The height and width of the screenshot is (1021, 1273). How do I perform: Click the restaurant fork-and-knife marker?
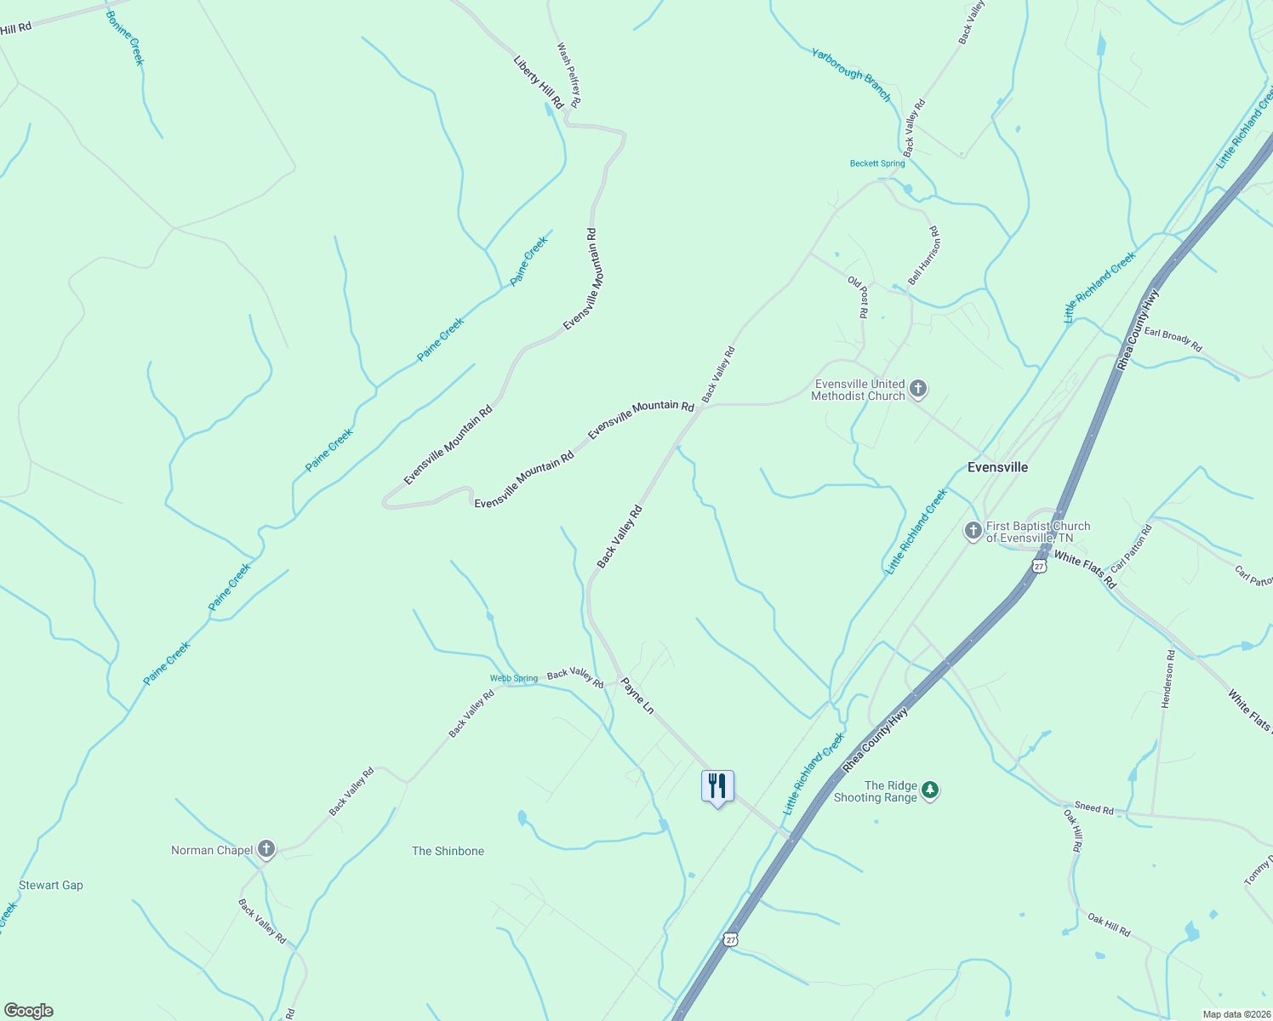tap(717, 786)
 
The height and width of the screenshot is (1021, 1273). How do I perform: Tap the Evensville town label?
tap(998, 467)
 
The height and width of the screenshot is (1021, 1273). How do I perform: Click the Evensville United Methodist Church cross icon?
tap(917, 390)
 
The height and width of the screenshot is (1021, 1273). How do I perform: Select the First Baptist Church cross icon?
tap(973, 532)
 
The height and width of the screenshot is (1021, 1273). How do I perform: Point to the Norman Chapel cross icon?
tap(266, 849)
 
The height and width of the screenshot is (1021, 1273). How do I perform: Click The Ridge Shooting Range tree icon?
tap(930, 791)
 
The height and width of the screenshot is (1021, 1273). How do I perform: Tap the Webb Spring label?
tap(514, 678)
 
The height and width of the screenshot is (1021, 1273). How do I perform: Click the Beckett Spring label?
tap(877, 163)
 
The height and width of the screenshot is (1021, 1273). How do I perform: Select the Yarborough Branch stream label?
tap(851, 75)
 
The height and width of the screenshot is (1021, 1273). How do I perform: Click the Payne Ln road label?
tap(637, 695)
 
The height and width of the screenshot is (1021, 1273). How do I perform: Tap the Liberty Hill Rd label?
tap(539, 82)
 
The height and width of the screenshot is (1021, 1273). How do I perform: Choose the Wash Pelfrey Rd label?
tap(568, 75)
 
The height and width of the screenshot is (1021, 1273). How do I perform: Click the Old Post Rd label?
tap(858, 297)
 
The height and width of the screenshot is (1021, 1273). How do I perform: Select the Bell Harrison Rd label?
tap(922, 255)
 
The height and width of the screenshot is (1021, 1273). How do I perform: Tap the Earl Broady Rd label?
tap(1173, 339)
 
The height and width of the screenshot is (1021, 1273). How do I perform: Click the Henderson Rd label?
tap(1167, 679)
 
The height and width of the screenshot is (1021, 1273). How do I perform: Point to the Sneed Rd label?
tap(1093, 807)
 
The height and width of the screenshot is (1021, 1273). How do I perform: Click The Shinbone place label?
tap(448, 851)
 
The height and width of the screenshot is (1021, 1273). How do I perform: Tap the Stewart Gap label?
tap(51, 885)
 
